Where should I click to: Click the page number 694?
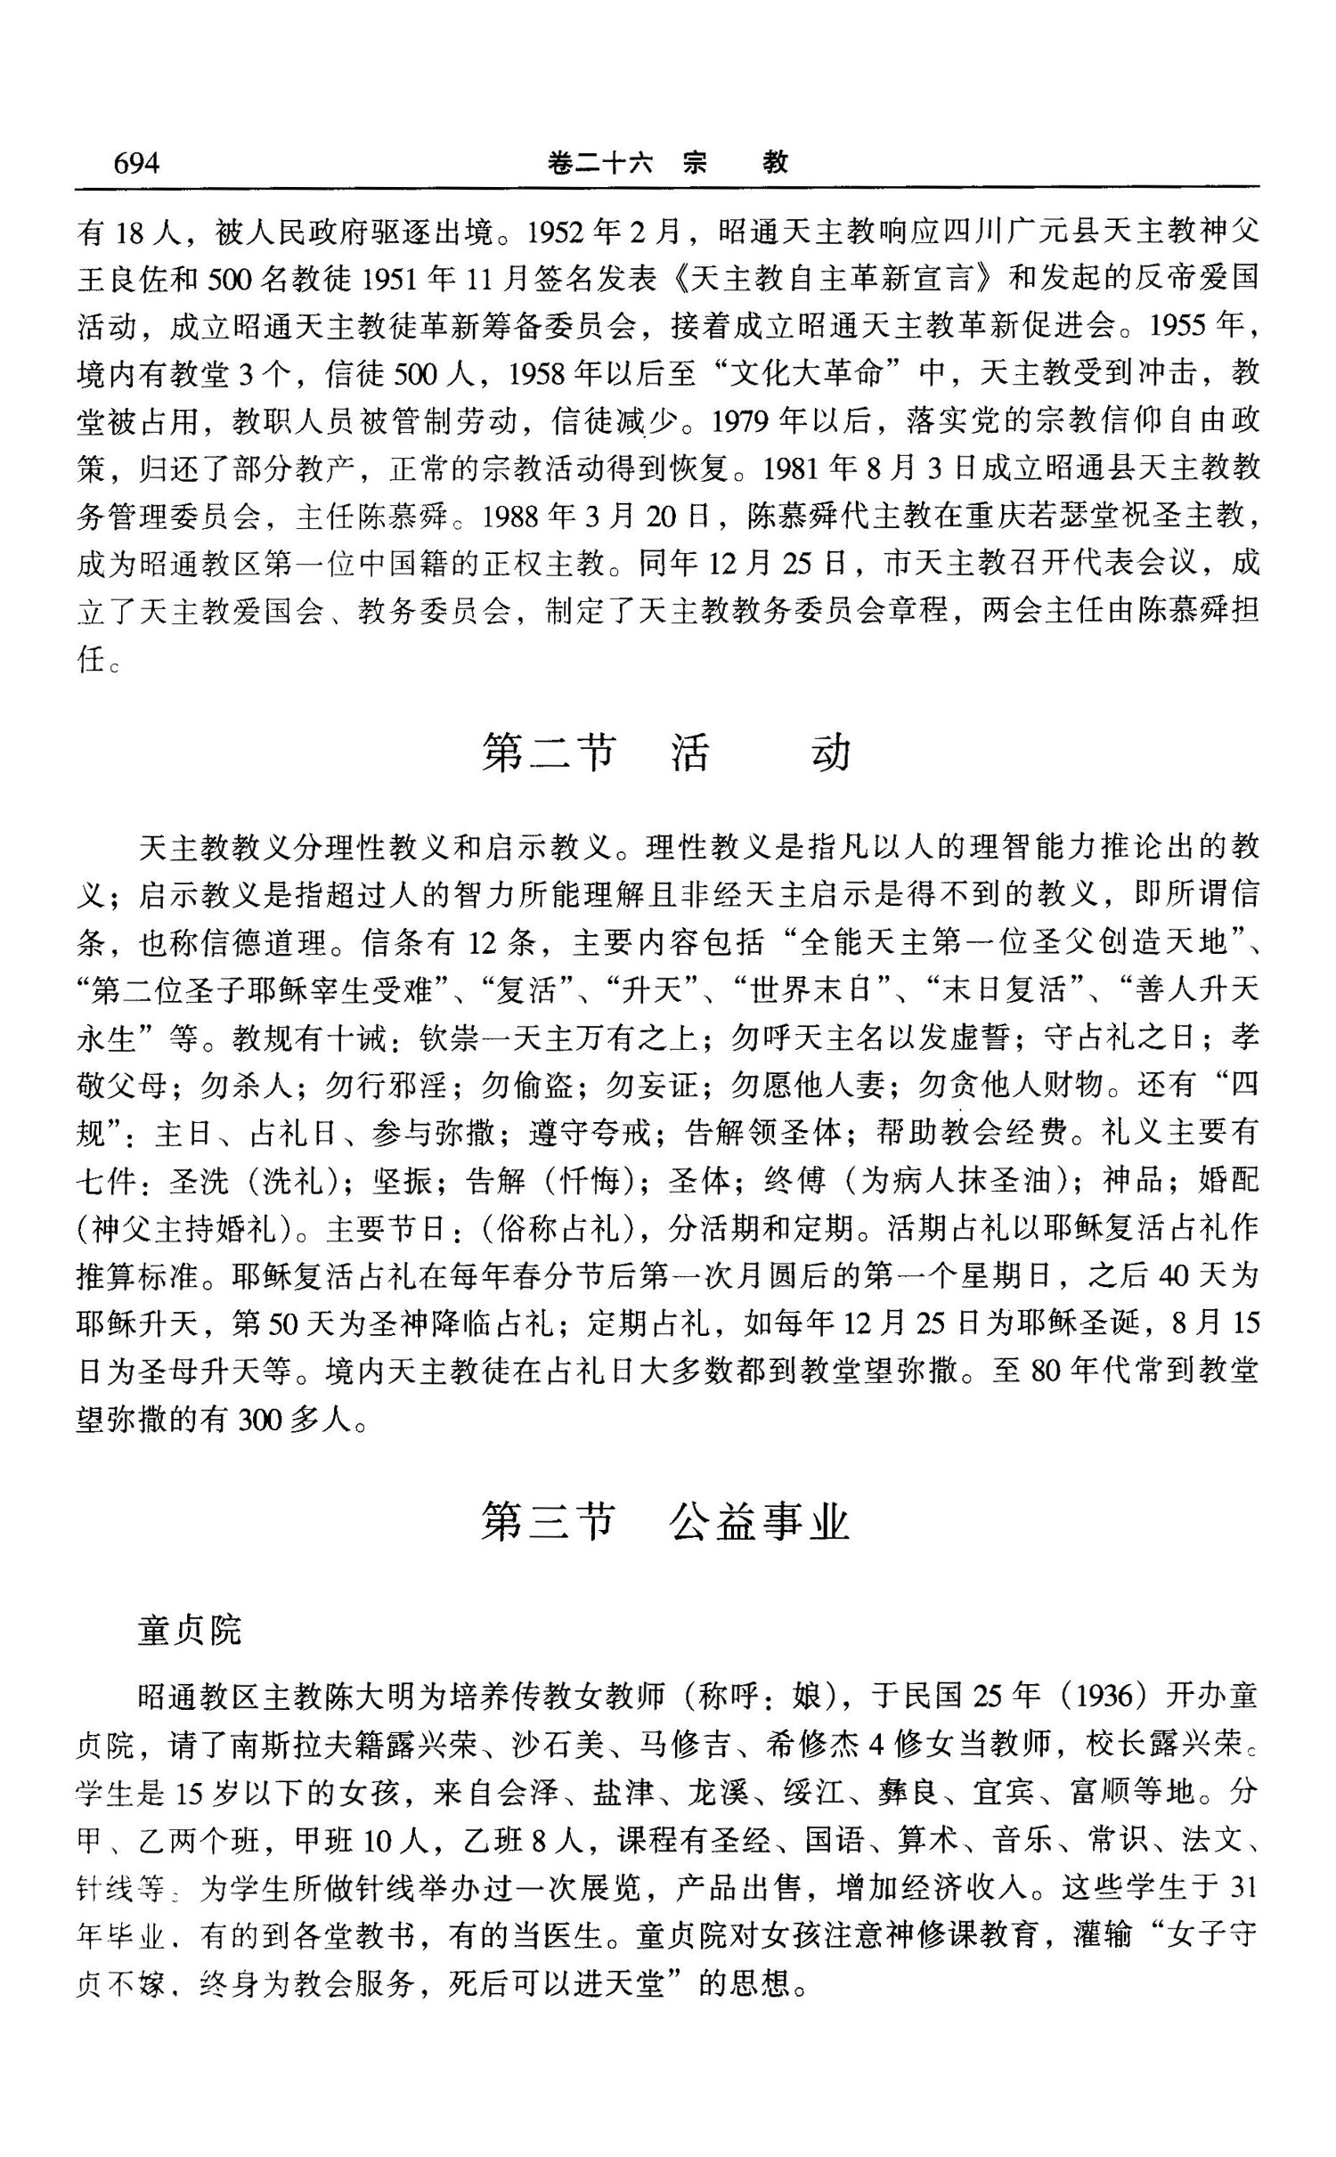135,164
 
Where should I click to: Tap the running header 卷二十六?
599,164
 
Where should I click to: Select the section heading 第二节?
548,753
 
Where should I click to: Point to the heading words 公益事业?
760,1523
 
